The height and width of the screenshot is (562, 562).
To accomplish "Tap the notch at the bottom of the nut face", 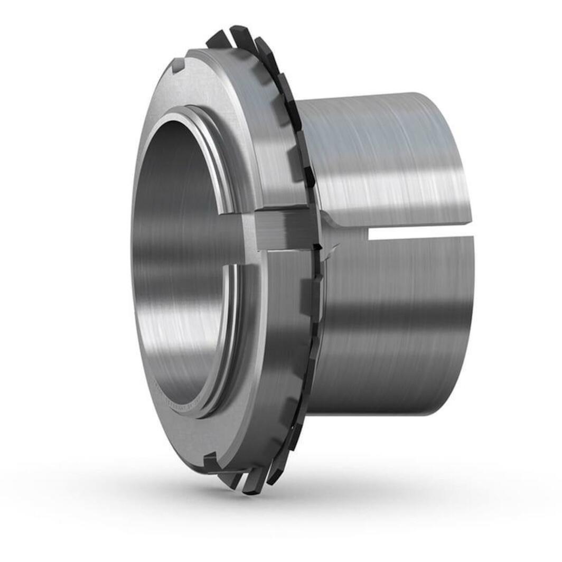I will click(x=210, y=461).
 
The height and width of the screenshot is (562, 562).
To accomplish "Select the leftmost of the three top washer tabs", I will click(x=218, y=39).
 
